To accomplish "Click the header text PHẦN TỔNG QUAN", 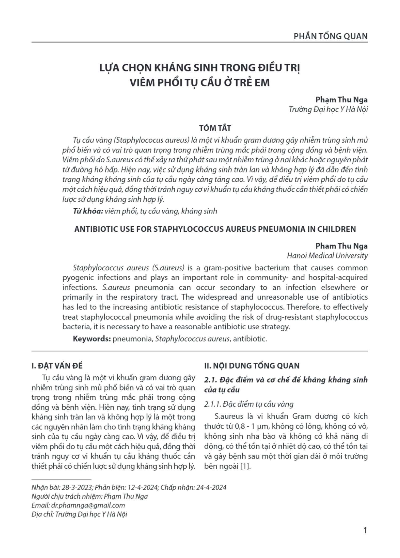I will click(331, 36).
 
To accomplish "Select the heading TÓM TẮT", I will click(215, 128).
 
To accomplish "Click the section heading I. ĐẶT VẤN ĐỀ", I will click(57, 366).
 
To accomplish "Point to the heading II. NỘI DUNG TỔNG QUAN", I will click(252, 366).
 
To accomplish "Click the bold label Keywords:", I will click(92, 339).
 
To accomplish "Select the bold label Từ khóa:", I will click(88, 211).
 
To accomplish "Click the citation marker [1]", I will click(245, 467).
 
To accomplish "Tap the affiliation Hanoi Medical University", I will click(327, 256).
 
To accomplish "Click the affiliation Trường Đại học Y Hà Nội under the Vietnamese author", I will click(328, 109).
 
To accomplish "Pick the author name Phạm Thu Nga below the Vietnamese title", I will click(342, 100).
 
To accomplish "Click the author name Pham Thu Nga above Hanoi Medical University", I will click(342, 246).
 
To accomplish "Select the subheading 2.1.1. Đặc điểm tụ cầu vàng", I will click(249, 404).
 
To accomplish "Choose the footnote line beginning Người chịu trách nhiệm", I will click(89, 496).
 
